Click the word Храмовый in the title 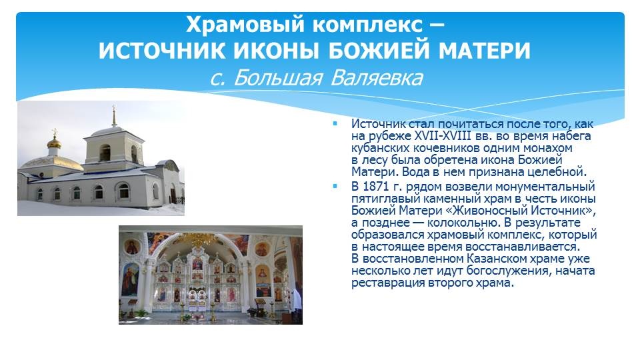(x=245, y=25)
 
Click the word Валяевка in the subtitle (x=376, y=77)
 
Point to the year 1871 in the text (x=375, y=187)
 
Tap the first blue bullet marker (x=335, y=123)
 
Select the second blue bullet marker (x=335, y=186)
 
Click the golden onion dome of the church (x=54, y=143)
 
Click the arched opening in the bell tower (x=105, y=153)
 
